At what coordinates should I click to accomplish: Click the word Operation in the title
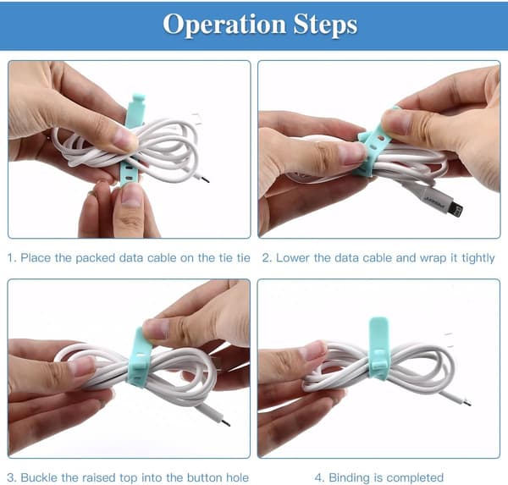point(224,25)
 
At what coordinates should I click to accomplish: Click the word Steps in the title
point(325,25)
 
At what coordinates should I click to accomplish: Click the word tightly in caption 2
point(478,258)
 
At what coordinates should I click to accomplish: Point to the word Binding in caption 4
point(350,478)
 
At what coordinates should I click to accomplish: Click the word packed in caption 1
point(95,258)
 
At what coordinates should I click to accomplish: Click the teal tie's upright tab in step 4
point(378,333)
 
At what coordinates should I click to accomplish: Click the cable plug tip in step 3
point(226,423)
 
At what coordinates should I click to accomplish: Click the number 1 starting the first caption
point(10,258)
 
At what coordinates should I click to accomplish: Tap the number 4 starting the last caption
point(319,478)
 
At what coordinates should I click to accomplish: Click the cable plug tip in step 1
point(205,179)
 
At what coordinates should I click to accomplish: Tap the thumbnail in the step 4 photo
point(313,351)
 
